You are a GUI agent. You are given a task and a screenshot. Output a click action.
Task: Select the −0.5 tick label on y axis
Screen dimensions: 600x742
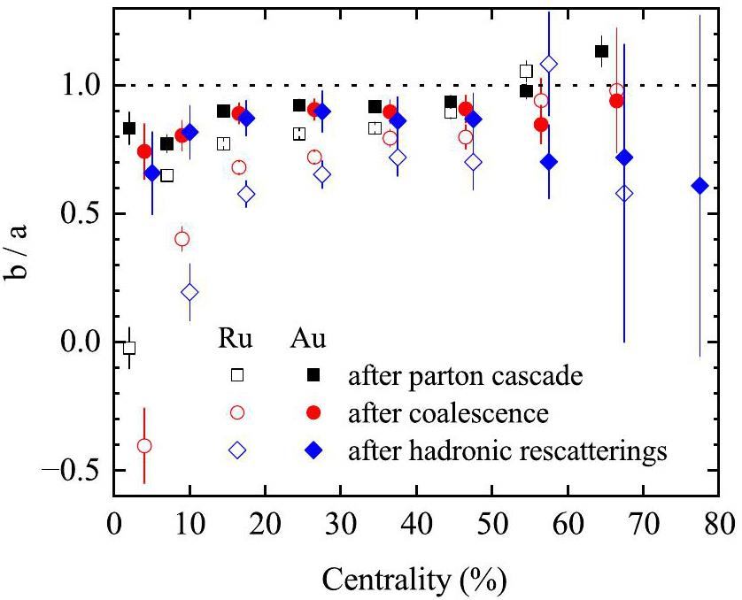coord(71,470)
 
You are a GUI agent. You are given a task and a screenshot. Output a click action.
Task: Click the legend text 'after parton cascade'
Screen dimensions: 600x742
coord(465,375)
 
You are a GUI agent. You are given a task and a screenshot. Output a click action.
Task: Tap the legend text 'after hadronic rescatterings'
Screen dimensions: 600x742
coord(506,451)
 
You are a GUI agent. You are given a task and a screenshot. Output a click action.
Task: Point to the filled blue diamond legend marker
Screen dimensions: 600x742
coord(313,450)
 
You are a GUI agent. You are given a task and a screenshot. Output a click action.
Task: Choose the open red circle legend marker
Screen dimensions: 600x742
coord(236,412)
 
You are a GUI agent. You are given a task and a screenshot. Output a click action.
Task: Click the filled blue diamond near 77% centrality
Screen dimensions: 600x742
coord(700,186)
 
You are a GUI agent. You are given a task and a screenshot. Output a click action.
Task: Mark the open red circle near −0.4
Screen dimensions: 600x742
coord(144,445)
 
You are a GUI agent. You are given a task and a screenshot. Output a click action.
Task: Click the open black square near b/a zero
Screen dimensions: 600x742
coord(129,348)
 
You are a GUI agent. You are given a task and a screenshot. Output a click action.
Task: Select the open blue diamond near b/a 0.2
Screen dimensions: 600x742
coord(189,292)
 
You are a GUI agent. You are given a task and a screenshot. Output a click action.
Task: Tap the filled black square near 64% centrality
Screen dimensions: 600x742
coord(601,51)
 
